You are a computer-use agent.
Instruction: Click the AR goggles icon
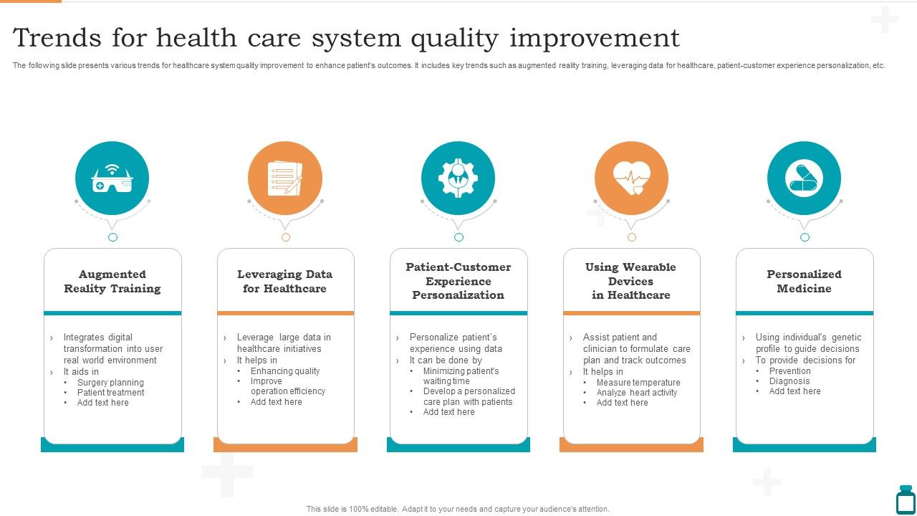[112, 179]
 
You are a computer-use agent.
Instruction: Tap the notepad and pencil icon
[285, 178]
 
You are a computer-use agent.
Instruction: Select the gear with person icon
[458, 178]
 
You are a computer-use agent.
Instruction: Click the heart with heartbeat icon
[631, 178]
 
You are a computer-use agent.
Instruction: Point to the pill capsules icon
[804, 178]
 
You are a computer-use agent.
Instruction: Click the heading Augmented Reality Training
[112, 282]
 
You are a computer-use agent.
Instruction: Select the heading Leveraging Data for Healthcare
[285, 282]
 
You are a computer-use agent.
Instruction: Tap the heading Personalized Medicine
[804, 282]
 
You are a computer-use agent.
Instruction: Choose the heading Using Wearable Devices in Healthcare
[631, 281]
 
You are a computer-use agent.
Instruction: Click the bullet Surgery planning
[110, 383]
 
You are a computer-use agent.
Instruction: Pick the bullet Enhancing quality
[285, 371]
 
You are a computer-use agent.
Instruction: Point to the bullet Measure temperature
[638, 383]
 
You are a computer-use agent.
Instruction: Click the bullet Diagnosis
[789, 381]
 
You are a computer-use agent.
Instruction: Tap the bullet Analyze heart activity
[637, 393]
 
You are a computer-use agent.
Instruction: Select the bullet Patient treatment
[111, 393]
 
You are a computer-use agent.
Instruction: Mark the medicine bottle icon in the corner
[906, 500]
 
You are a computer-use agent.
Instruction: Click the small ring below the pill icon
[805, 237]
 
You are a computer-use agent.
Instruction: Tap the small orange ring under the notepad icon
[286, 237]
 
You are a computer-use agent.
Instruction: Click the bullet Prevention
[790, 371]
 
